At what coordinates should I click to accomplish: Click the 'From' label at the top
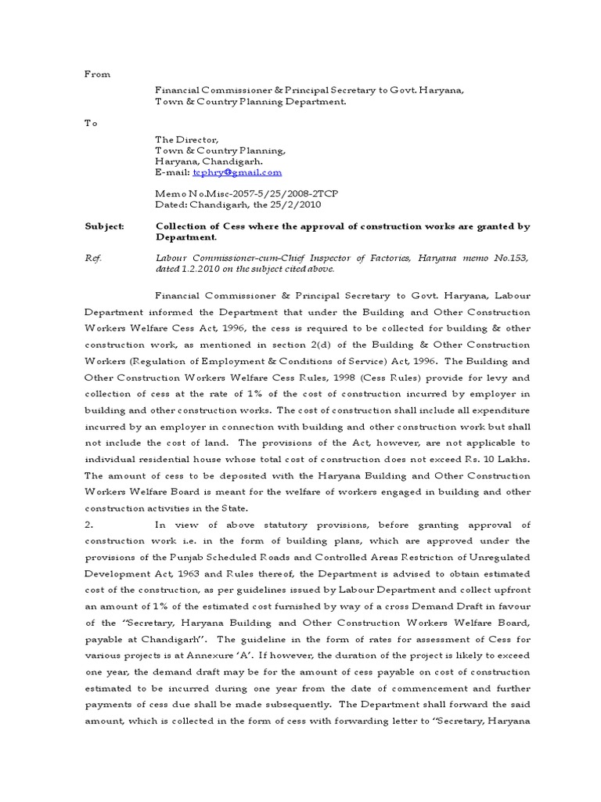coord(97,74)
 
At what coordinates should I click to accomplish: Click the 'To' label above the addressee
coord(91,123)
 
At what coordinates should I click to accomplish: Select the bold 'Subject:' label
coord(104,226)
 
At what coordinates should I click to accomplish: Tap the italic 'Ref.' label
coord(93,257)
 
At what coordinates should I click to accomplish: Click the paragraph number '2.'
coord(88,526)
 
